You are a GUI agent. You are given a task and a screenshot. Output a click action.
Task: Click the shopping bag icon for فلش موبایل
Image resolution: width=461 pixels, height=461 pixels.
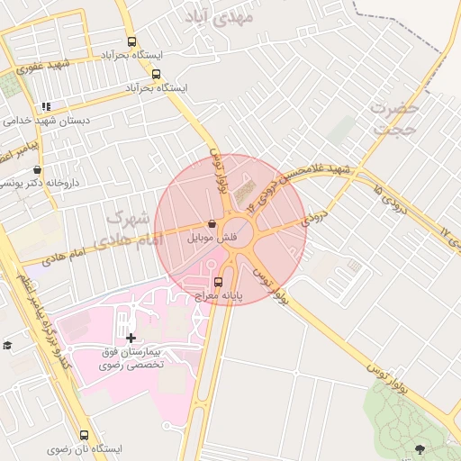pyautogui.click(x=212, y=224)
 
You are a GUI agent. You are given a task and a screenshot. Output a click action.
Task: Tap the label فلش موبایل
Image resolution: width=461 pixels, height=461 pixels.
pyautogui.click(x=212, y=239)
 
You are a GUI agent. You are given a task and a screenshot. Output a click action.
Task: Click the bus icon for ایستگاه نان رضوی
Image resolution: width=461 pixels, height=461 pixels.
pyautogui.click(x=85, y=435)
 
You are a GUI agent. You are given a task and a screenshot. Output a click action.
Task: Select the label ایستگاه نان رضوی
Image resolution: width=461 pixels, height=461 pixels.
pyautogui.click(x=85, y=448)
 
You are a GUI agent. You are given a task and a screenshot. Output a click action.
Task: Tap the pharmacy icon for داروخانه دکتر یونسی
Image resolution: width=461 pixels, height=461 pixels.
pyautogui.click(x=37, y=169)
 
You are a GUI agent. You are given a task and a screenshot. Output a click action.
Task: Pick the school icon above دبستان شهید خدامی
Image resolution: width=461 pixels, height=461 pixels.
pyautogui.click(x=47, y=106)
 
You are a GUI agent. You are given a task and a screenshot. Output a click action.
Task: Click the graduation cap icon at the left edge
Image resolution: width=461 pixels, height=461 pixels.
pyautogui.click(x=7, y=345)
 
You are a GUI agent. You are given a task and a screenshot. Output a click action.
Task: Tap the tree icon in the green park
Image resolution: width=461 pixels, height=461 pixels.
pyautogui.click(x=420, y=447)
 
